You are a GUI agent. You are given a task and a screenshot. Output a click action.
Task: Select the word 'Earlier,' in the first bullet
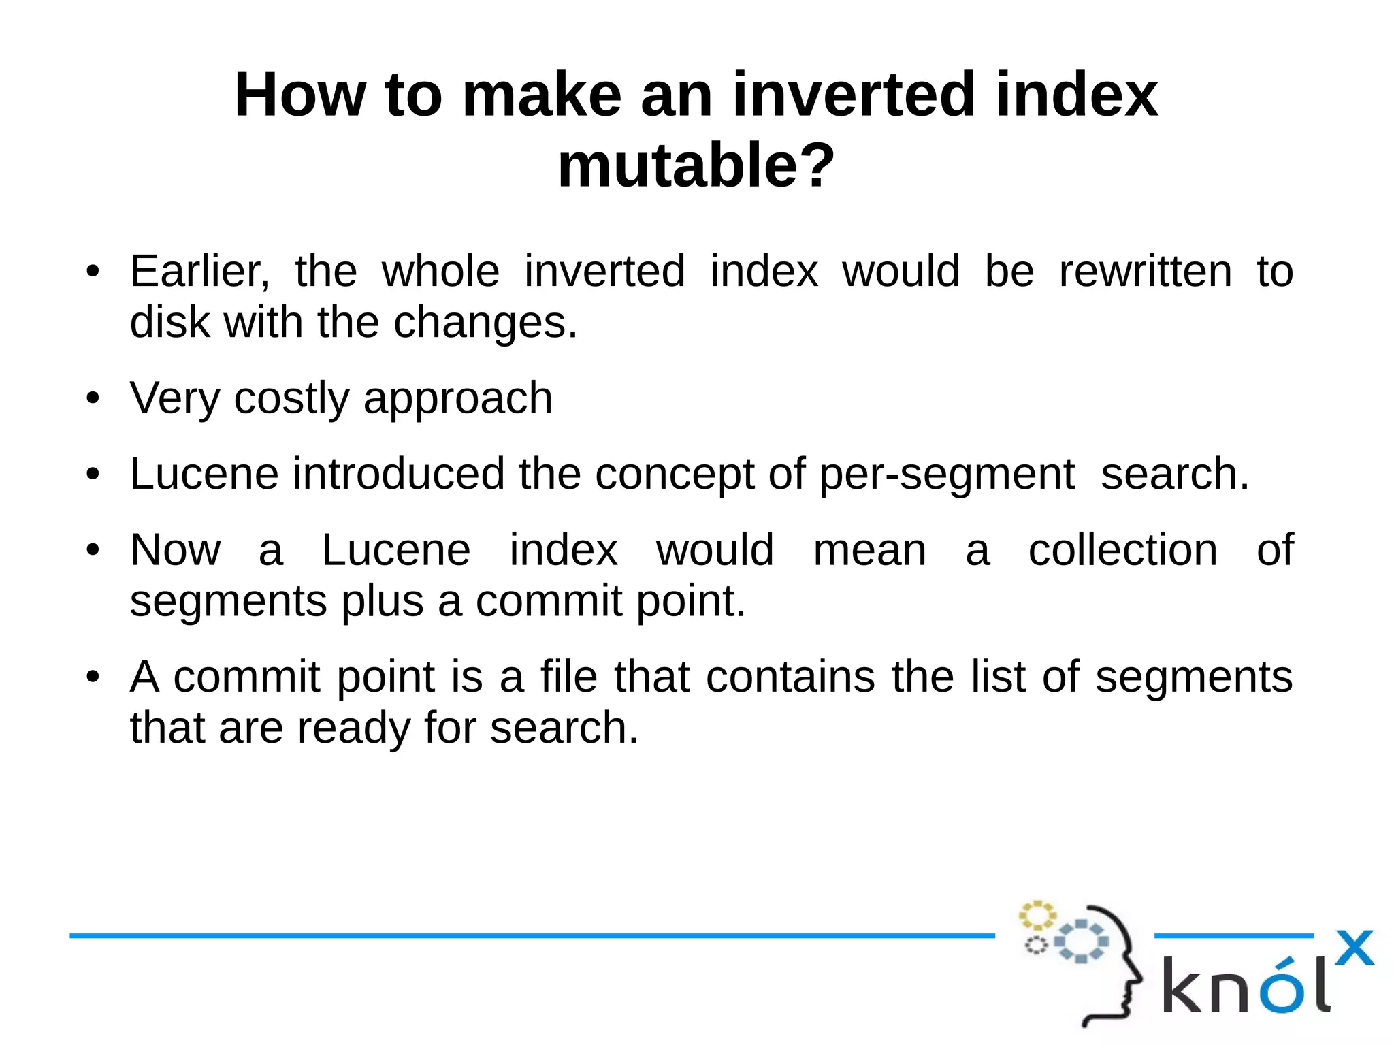199,271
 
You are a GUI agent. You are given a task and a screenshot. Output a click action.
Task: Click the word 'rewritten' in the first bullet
1146,271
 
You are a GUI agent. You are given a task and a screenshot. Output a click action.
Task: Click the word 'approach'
457,399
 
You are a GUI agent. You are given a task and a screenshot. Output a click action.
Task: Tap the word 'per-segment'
946,474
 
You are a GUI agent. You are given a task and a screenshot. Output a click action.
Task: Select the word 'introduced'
398,474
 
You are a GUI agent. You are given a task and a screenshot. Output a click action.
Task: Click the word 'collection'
1122,550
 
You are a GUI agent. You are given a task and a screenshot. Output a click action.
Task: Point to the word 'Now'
176,550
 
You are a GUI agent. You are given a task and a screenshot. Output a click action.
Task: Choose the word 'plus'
382,601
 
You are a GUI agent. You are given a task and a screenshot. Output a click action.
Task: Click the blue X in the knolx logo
1354,948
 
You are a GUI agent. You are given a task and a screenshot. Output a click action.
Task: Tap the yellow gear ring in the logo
1037,916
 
